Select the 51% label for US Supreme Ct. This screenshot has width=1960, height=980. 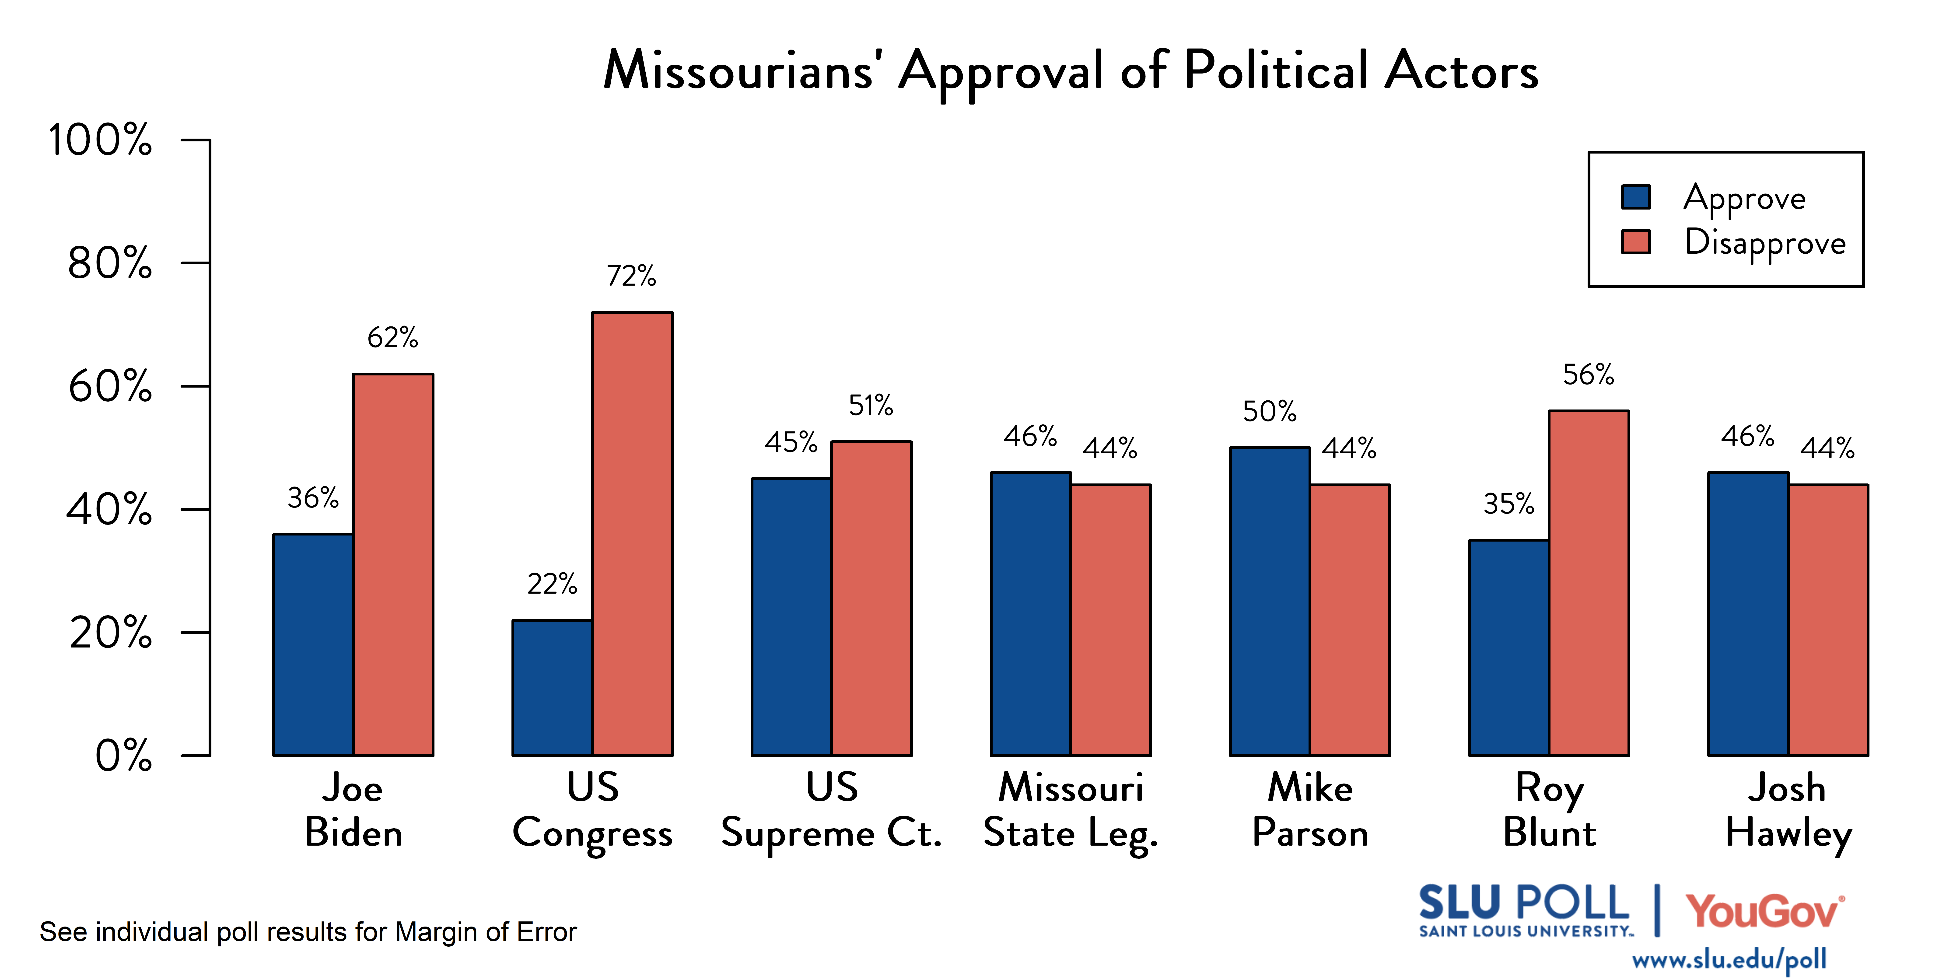(x=870, y=406)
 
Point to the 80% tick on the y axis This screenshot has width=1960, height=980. (x=110, y=263)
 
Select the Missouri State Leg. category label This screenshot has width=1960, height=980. (x=1071, y=810)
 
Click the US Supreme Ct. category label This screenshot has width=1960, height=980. (x=832, y=810)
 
